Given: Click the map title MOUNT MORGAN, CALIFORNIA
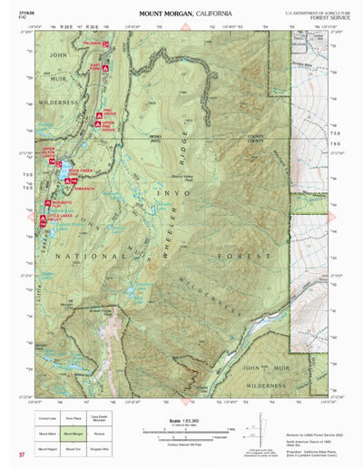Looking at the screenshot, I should tap(185, 15).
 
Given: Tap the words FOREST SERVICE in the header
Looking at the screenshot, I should tap(317, 19).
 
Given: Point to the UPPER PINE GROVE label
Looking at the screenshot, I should tap(108, 127).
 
